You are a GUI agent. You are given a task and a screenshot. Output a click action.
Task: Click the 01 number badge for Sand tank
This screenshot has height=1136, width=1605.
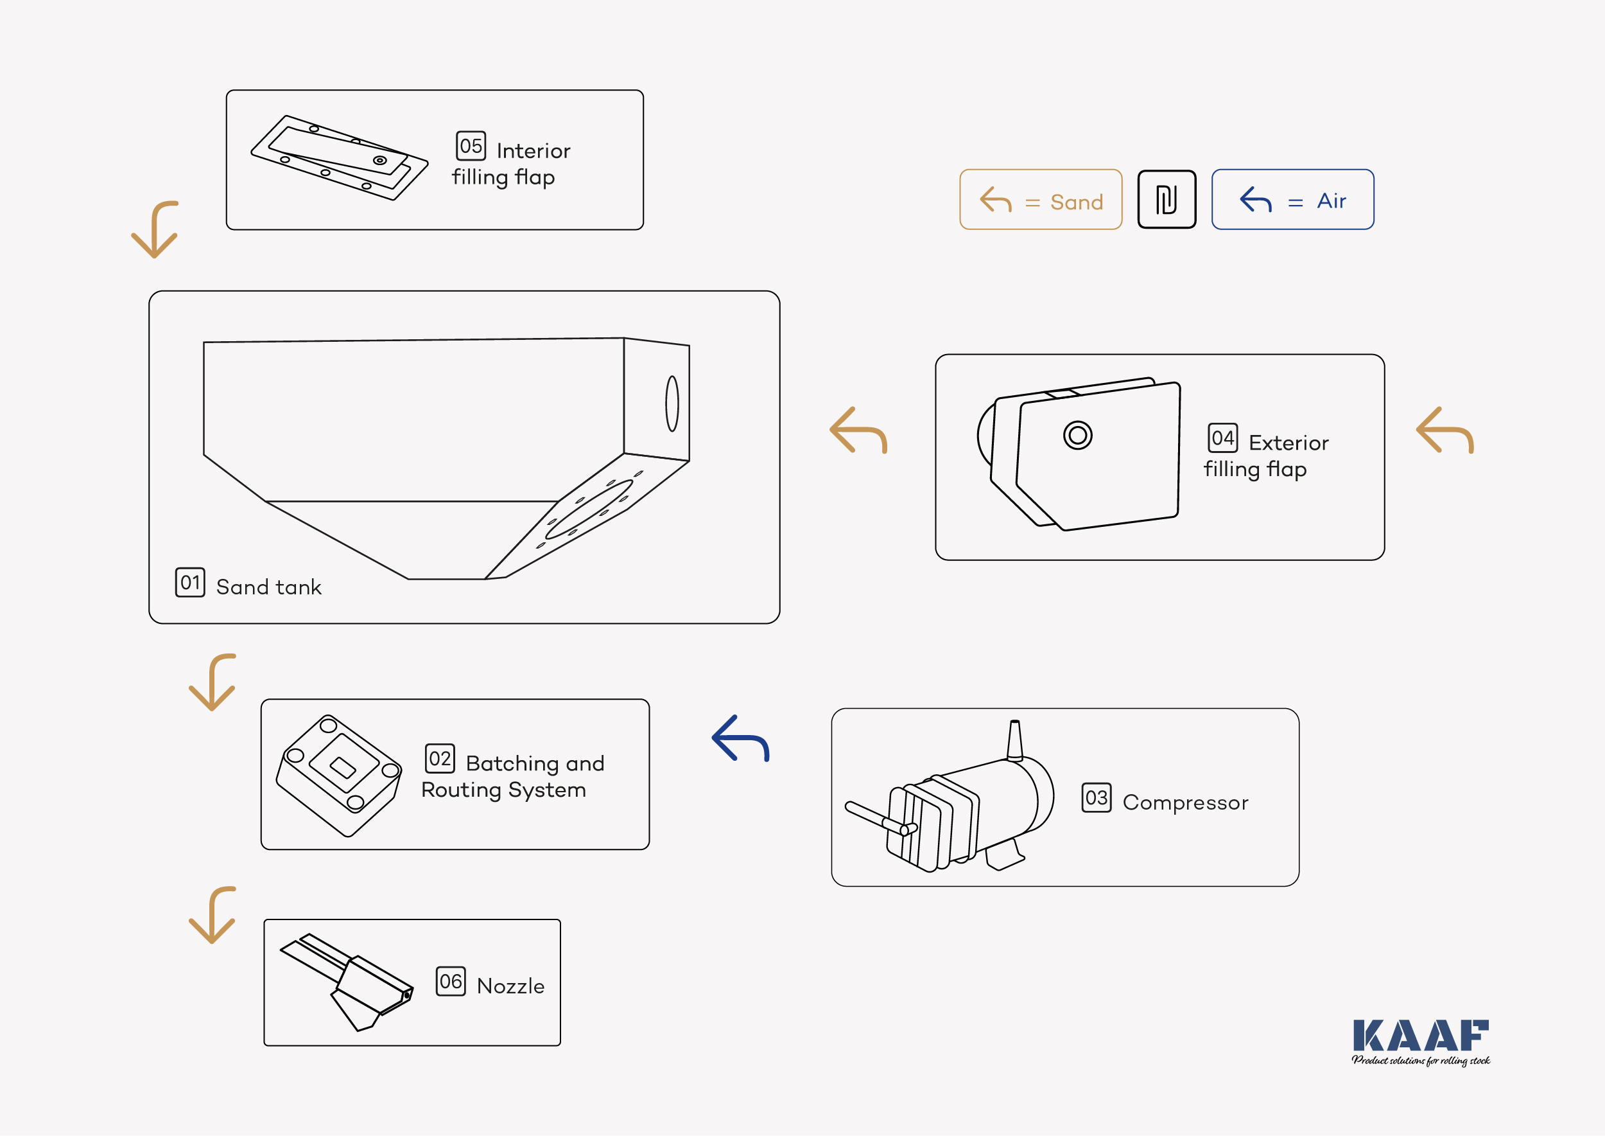point(189,582)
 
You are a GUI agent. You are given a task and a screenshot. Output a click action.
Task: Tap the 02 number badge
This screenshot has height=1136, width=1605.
point(440,758)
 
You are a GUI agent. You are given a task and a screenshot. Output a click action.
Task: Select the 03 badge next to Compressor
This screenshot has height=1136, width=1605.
point(1096,797)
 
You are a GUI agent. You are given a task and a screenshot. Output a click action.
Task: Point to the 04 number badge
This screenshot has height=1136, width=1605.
point(1222,438)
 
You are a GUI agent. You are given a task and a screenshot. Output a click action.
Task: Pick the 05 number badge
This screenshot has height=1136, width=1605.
point(471,145)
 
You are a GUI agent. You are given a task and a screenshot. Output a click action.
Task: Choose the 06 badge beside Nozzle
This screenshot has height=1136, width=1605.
point(450,981)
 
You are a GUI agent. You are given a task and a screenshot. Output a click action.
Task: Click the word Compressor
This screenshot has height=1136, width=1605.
point(1185,803)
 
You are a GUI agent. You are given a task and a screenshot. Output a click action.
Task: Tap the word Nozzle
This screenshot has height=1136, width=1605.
point(510,986)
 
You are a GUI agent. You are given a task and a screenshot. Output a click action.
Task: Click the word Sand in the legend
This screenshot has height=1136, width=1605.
point(1076,202)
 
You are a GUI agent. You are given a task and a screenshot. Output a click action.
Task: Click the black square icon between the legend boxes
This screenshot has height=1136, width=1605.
point(1166,199)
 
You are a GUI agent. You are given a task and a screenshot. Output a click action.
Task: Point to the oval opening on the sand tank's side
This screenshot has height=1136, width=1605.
point(672,404)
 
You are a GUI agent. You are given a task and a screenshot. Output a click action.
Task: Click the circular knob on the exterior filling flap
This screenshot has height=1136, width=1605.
point(1077,435)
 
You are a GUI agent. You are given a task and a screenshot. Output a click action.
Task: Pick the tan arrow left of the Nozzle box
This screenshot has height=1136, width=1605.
point(213,915)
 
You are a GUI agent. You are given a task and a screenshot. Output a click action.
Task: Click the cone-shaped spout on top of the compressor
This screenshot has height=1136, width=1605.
point(1014,740)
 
